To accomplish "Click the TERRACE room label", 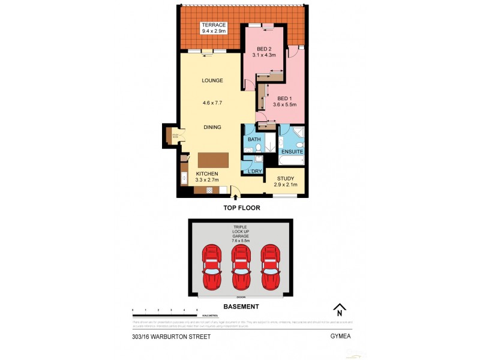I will click(213, 25).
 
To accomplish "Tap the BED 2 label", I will click(265, 49).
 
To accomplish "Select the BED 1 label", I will click(285, 98).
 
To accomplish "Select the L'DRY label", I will click(255, 172).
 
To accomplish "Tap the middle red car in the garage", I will click(241, 266).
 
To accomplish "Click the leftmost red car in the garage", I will click(212, 266).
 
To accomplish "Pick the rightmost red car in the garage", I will click(271, 266).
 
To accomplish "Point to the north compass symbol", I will click(340, 309).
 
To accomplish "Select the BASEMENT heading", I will click(241, 307).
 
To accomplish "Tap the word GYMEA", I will click(340, 337).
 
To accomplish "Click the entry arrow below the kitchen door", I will click(235, 196).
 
